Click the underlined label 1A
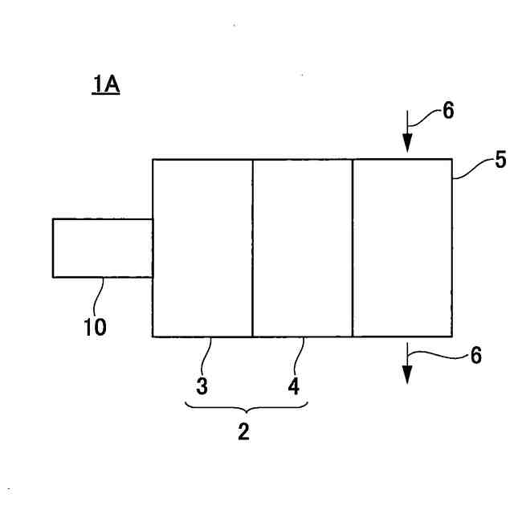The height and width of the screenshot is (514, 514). (x=105, y=84)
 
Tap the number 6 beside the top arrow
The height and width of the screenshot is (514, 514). (x=447, y=111)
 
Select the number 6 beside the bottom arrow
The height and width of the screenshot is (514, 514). (x=475, y=354)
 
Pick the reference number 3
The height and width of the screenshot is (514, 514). (x=202, y=386)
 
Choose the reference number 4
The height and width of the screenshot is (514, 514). (x=294, y=386)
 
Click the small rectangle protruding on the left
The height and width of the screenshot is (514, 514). (x=102, y=247)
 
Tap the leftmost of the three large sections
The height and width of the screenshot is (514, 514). (x=202, y=247)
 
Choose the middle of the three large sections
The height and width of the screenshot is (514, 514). (x=303, y=247)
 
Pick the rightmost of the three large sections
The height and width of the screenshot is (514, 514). (x=402, y=247)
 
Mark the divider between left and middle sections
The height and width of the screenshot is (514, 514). (x=253, y=247)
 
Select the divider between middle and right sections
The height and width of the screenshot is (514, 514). (x=353, y=247)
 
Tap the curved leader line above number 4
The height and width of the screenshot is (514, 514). (x=300, y=353)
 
